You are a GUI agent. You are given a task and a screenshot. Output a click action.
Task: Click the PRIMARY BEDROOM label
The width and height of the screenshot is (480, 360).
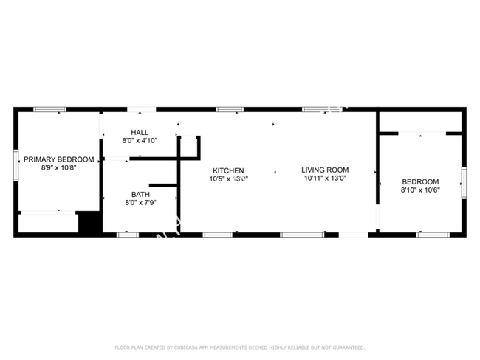tap(59, 159)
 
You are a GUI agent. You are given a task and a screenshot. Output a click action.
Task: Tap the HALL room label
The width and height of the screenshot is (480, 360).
tap(140, 133)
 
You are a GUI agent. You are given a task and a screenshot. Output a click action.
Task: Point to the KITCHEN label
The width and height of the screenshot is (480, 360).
tap(229, 170)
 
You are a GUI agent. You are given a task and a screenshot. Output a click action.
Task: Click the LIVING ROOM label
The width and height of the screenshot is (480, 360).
tap(324, 170)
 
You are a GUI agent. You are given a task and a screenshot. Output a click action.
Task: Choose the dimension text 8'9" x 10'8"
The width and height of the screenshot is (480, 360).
tap(59, 168)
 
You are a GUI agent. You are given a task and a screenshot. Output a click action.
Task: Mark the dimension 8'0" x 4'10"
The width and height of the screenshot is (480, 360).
tap(140, 141)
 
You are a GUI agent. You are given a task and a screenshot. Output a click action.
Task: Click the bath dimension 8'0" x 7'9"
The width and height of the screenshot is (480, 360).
tap(140, 203)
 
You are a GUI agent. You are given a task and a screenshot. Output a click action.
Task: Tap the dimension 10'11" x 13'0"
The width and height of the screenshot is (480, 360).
tap(324, 179)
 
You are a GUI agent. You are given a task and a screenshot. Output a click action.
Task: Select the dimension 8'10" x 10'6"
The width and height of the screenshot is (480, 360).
tap(420, 190)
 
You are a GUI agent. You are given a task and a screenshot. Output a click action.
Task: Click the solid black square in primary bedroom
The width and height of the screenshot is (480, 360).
tap(89, 223)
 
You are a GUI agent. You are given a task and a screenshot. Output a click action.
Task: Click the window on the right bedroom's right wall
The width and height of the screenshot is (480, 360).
tap(464, 182)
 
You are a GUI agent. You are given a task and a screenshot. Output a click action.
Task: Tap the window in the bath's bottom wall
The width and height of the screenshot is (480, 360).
tap(128, 235)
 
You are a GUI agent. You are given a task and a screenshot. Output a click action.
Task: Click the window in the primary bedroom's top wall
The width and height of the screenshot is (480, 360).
tap(50, 110)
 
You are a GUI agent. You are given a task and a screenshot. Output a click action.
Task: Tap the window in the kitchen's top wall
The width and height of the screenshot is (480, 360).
tap(230, 110)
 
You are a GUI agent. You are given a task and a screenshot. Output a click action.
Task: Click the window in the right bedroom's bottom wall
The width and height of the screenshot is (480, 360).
tap(432, 235)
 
